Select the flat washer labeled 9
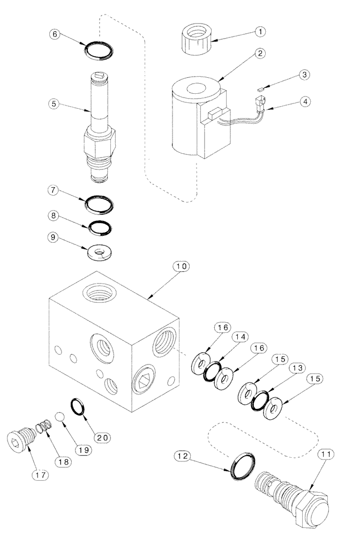(x=100, y=251)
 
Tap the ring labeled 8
(x=100, y=227)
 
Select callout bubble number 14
(x=239, y=337)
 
